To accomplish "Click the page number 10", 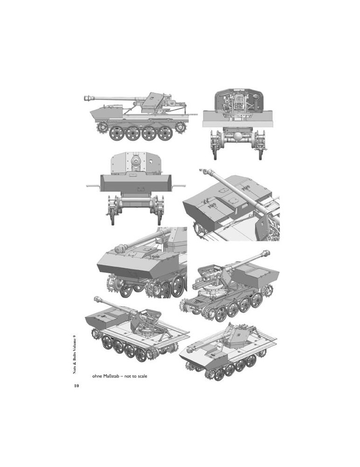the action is pos(77,386).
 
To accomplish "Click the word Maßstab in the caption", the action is pos(112,376).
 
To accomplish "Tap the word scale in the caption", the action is pos(142,376).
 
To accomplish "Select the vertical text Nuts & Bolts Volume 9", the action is pos(75,354).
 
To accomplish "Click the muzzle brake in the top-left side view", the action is pos(88,98).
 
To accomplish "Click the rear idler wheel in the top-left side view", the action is pos(180,127).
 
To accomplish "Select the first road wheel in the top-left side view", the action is pos(116,133).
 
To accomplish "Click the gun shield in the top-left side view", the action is pos(153,102).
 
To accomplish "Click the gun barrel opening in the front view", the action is pos(136,162).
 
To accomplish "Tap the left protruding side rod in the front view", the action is pos(93,186).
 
